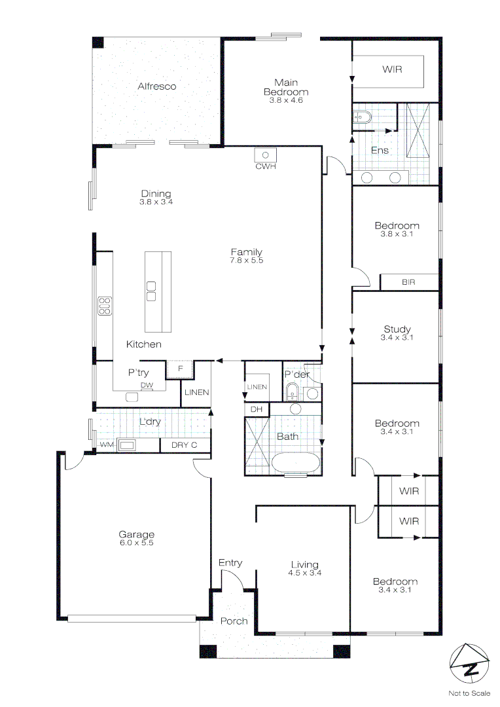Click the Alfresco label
click(156, 86)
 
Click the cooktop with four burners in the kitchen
click(105, 306)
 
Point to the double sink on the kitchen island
click(151, 291)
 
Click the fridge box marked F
click(180, 369)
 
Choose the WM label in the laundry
click(105, 446)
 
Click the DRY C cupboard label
click(184, 446)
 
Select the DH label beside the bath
click(255, 409)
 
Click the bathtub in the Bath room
click(296, 462)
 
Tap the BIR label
click(408, 282)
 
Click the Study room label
click(397, 329)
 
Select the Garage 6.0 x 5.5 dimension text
click(137, 542)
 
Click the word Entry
click(230, 562)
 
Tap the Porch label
click(233, 621)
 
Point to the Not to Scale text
click(469, 693)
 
